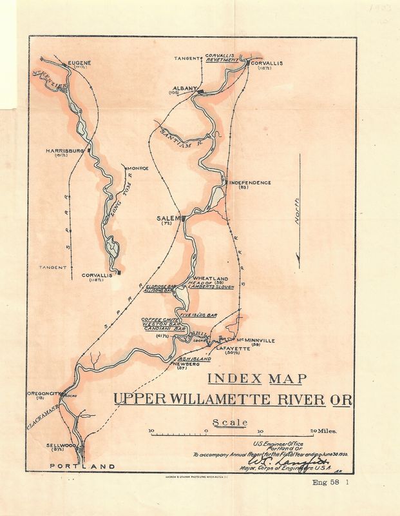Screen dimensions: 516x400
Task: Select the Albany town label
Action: point(184,88)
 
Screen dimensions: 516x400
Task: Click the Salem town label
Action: point(166,218)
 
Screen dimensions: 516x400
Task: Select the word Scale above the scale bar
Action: point(231,423)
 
